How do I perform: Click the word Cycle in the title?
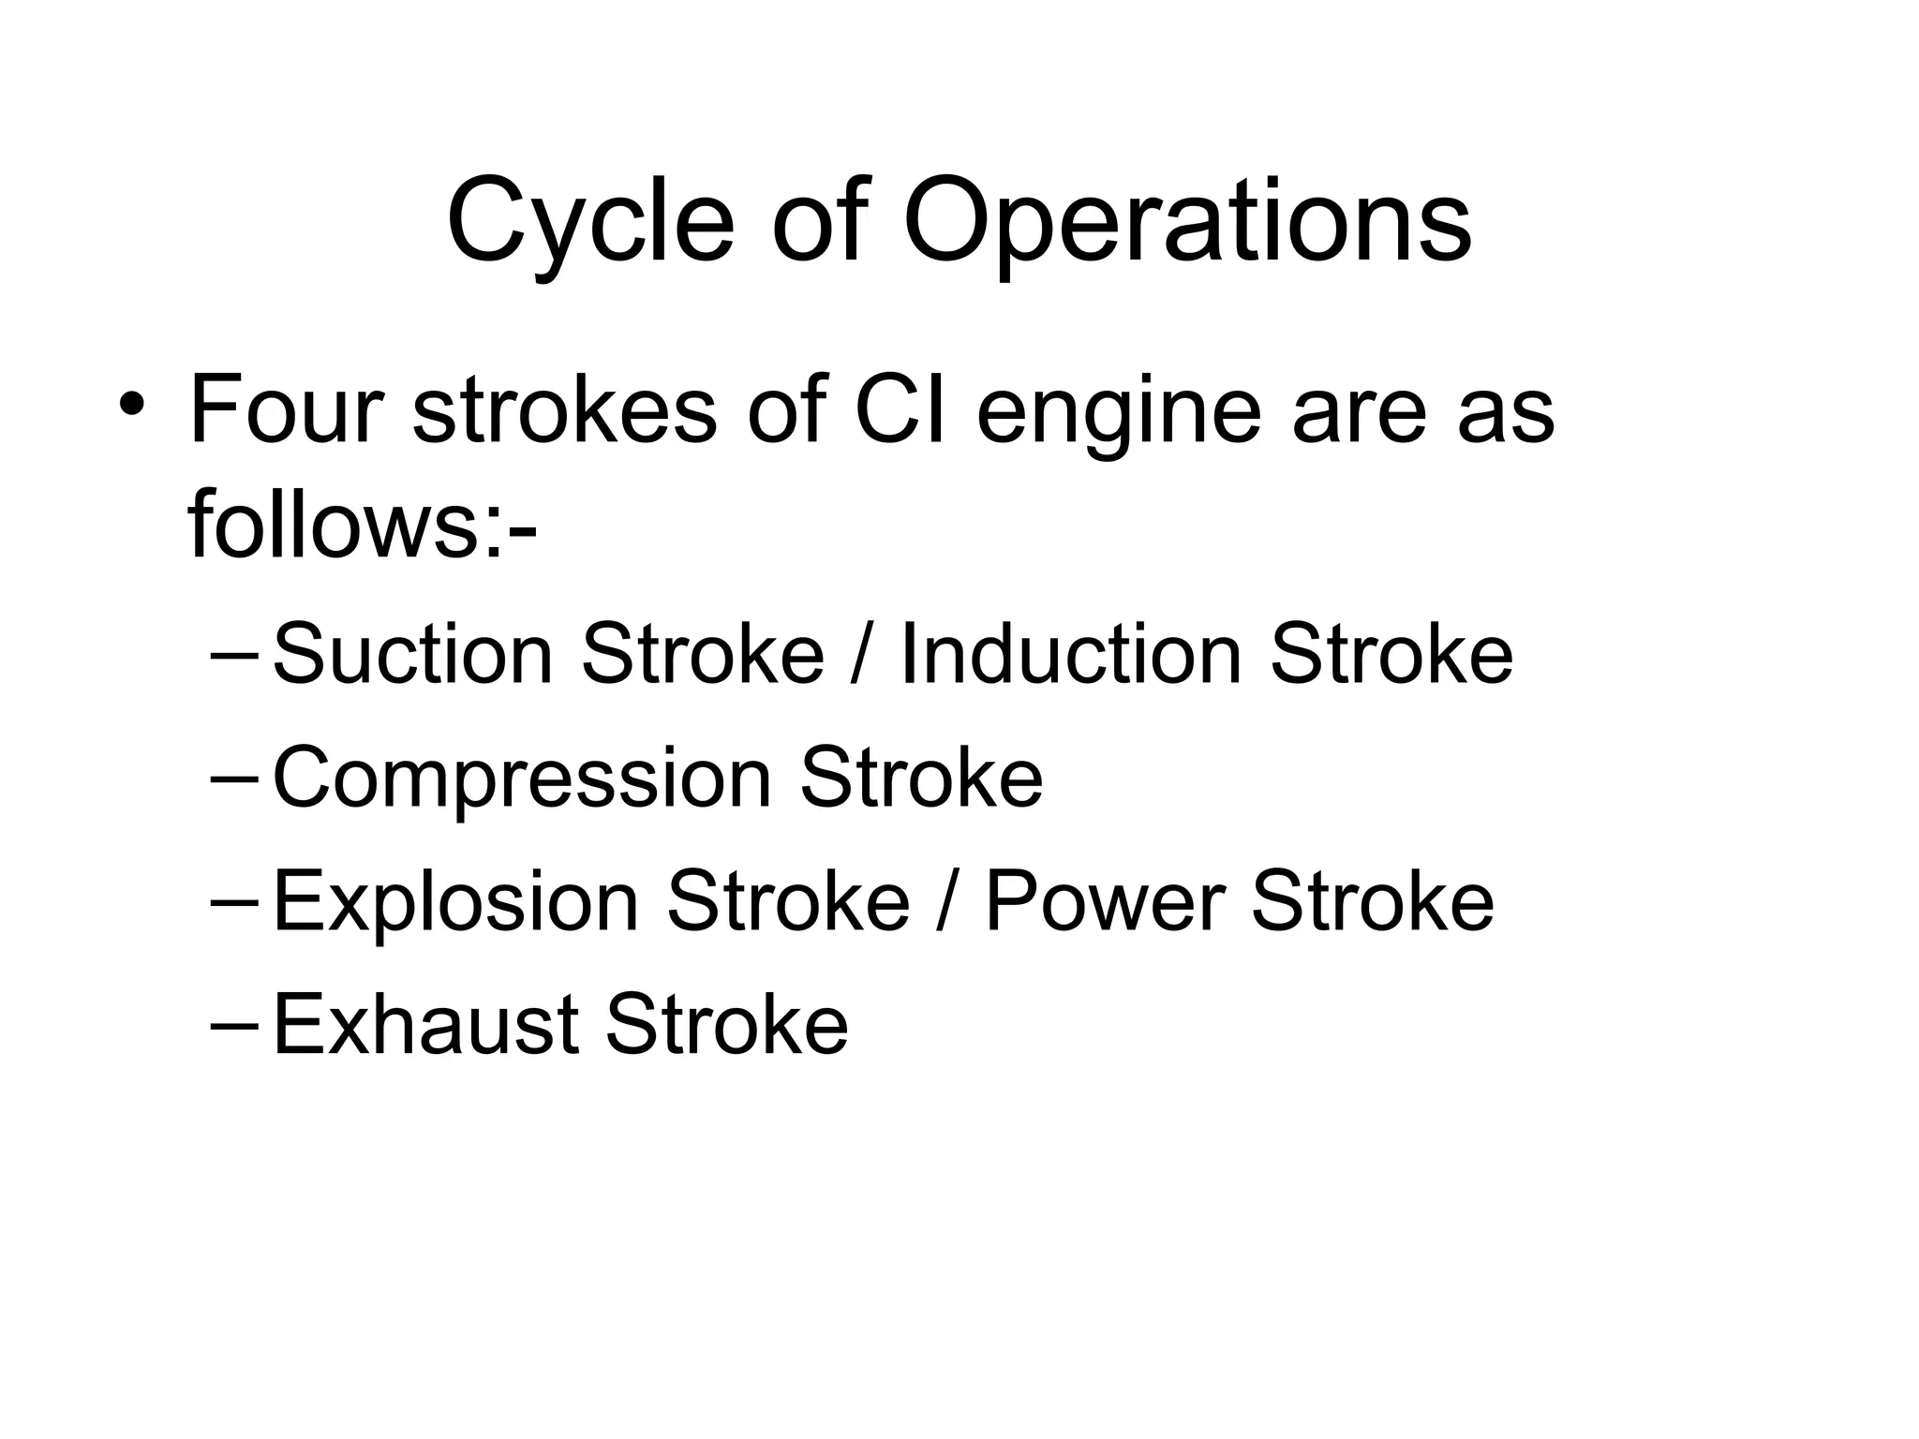click(x=589, y=223)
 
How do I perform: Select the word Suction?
click(x=412, y=653)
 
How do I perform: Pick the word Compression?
click(x=522, y=779)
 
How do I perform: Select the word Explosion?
click(x=455, y=901)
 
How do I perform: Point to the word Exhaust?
click(x=424, y=1024)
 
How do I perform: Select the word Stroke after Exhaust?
click(x=726, y=1024)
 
